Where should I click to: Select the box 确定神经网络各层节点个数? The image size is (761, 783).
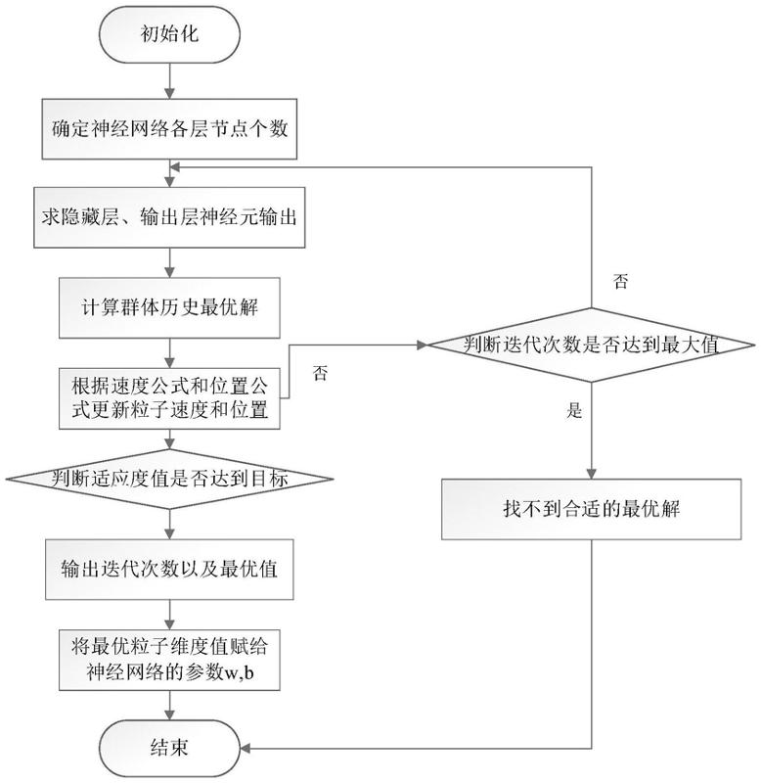click(x=170, y=128)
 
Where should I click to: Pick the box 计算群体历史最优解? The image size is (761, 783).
click(x=170, y=305)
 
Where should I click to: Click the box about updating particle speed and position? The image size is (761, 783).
click(x=170, y=395)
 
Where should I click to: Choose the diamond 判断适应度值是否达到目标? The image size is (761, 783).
click(x=170, y=480)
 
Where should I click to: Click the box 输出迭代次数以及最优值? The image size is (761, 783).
click(x=170, y=568)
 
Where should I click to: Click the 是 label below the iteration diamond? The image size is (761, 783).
click(x=574, y=412)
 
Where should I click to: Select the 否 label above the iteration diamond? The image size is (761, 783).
click(x=620, y=283)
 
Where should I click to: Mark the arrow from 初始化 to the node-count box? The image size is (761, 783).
click(x=170, y=82)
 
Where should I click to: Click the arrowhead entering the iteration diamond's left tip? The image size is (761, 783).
click(x=423, y=345)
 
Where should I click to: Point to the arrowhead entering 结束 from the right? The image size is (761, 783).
click(x=245, y=748)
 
